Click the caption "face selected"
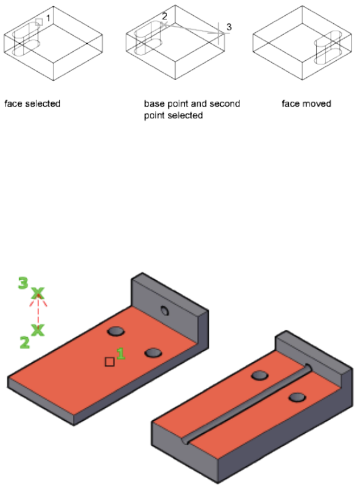click(x=32, y=104)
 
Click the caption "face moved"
click(x=307, y=104)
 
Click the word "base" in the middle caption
click(x=154, y=104)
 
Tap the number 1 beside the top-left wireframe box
click(x=48, y=18)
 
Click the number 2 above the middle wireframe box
click(x=164, y=16)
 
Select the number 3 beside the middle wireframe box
click(x=229, y=27)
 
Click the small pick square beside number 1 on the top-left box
click(x=39, y=22)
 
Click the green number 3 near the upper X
click(x=23, y=283)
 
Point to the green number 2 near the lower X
click(x=24, y=342)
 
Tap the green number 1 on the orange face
click(x=121, y=354)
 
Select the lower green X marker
click(x=38, y=330)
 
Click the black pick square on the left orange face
click(x=109, y=362)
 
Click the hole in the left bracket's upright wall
click(x=165, y=310)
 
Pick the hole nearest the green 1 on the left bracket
click(x=153, y=353)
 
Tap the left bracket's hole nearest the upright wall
click(x=116, y=331)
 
